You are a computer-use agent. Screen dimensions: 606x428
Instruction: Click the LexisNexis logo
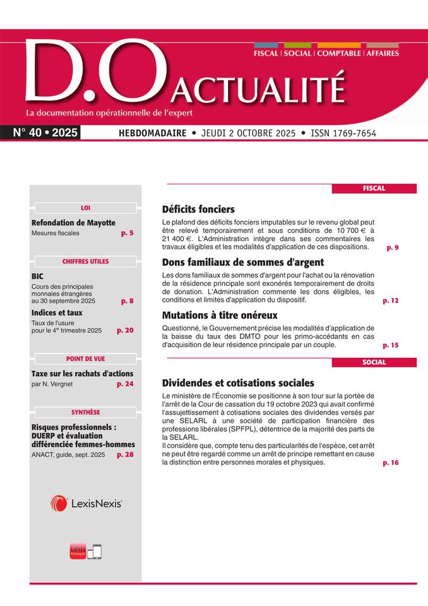click(86, 503)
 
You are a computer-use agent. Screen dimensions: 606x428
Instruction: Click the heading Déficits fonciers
click(198, 209)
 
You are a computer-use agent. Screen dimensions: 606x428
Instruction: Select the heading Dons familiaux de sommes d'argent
click(243, 262)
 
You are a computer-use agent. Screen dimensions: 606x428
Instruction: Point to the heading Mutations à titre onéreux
click(220, 314)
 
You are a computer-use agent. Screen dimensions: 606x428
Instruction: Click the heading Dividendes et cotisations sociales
click(238, 383)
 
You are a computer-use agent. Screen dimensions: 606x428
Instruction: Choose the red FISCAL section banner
click(374, 188)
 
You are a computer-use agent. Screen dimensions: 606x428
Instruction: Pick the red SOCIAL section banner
click(374, 362)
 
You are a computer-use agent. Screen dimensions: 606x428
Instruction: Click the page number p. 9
click(392, 248)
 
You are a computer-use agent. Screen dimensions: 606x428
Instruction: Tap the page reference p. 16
click(391, 463)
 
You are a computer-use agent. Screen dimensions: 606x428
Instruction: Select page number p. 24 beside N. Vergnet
click(125, 383)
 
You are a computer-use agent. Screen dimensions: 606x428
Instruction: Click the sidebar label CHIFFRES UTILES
click(85, 261)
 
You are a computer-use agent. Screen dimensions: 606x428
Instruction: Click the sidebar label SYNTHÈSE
click(85, 412)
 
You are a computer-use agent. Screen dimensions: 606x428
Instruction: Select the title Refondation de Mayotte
click(73, 223)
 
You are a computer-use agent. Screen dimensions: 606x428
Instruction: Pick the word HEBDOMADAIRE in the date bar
click(152, 133)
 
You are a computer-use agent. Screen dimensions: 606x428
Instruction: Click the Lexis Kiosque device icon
click(85, 551)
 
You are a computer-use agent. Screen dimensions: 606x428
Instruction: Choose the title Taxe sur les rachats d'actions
click(82, 374)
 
